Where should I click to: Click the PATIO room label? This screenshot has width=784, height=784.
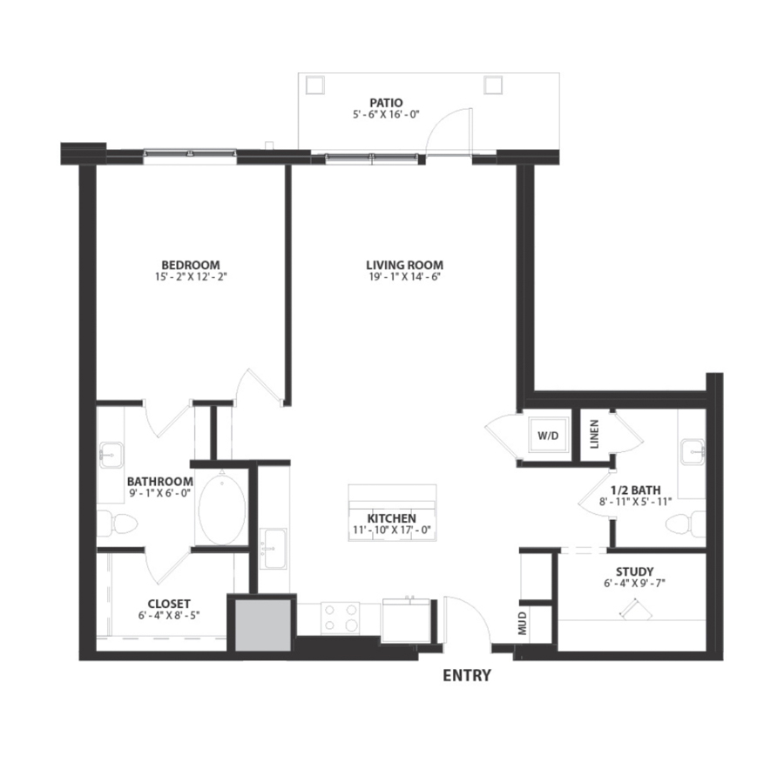pyautogui.click(x=385, y=102)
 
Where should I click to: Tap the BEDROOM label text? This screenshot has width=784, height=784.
pyautogui.click(x=191, y=265)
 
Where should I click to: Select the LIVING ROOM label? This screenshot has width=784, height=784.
pyautogui.click(x=404, y=265)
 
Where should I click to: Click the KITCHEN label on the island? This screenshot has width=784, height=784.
pyautogui.click(x=391, y=518)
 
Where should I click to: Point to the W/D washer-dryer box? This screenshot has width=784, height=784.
pyautogui.click(x=547, y=435)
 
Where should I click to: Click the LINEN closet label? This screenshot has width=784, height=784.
pyautogui.click(x=595, y=435)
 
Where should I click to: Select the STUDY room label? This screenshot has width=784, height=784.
pyautogui.click(x=634, y=571)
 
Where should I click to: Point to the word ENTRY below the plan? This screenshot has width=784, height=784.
pyautogui.click(x=467, y=675)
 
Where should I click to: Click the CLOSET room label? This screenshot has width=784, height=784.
pyautogui.click(x=169, y=604)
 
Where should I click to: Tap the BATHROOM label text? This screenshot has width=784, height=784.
pyautogui.click(x=160, y=481)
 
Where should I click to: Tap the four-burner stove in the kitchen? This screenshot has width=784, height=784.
pyautogui.click(x=341, y=618)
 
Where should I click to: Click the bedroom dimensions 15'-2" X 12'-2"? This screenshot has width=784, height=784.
pyautogui.click(x=191, y=277)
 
